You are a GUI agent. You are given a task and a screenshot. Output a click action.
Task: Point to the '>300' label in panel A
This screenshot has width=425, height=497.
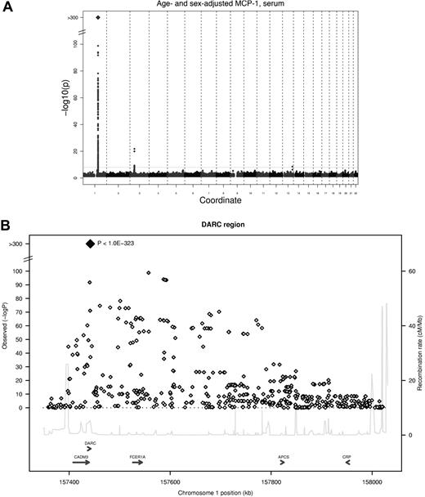[x=74, y=16]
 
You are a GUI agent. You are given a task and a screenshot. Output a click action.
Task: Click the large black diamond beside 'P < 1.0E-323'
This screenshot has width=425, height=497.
[x=89, y=243]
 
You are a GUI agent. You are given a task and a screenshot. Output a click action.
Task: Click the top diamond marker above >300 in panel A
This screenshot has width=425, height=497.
[x=98, y=16]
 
